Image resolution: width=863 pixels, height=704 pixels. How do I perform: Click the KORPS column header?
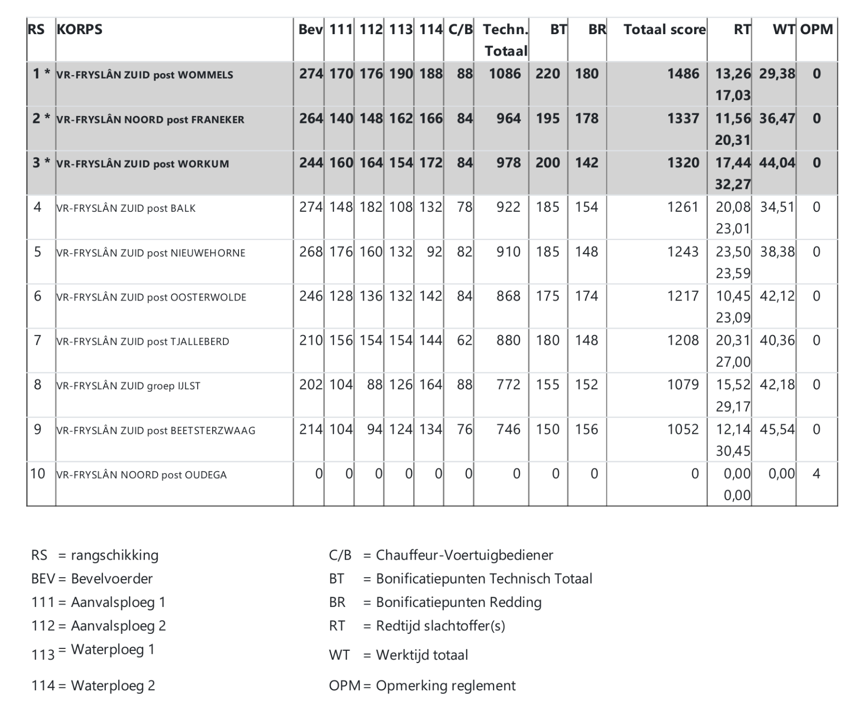(x=80, y=29)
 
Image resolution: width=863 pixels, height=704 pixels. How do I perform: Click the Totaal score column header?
(x=664, y=29)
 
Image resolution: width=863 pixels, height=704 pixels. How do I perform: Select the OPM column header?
(x=816, y=29)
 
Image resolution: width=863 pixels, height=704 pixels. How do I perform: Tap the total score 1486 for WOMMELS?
(x=683, y=74)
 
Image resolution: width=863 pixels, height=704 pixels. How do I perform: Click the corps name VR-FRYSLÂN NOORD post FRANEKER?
(x=150, y=120)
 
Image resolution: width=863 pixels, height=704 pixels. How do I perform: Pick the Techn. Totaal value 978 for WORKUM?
(x=508, y=163)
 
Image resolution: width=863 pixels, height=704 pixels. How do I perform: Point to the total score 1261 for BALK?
(x=683, y=207)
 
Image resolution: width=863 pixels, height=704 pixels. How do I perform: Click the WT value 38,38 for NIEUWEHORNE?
(x=777, y=252)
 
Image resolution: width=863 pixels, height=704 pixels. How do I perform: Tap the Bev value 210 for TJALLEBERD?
(x=311, y=341)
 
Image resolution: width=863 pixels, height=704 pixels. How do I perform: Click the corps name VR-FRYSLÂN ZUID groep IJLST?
(x=128, y=386)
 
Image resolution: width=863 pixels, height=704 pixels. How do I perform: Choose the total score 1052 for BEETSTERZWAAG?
(x=683, y=429)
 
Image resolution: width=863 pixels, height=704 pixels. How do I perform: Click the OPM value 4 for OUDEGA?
(x=816, y=474)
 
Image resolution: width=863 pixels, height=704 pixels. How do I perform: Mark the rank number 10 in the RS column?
(x=38, y=474)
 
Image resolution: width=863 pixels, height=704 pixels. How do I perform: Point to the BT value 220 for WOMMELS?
(x=547, y=74)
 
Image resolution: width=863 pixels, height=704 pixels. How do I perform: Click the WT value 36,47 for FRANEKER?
(x=777, y=119)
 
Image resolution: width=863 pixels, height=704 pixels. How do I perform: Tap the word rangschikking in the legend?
(x=115, y=555)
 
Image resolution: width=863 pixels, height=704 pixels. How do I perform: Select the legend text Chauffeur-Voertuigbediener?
(x=464, y=555)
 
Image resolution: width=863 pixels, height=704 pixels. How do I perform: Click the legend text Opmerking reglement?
(x=445, y=685)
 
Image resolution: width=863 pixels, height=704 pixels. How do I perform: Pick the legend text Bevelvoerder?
(x=112, y=579)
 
